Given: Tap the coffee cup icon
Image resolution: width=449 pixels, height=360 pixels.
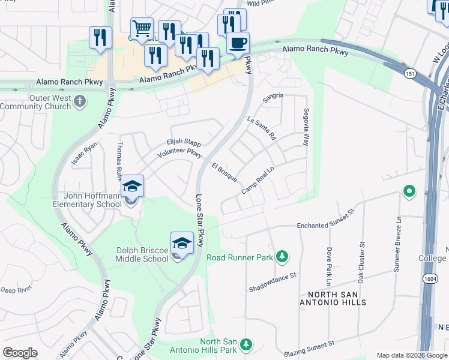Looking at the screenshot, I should click(238, 43).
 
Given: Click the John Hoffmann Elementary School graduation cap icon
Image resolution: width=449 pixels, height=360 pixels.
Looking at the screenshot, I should click(133, 187).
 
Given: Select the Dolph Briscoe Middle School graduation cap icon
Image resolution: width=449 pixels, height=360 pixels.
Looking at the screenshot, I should click(182, 243).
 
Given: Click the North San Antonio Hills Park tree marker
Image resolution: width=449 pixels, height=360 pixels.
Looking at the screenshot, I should click(245, 344).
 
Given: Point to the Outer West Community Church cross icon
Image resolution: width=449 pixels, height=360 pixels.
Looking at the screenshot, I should click(80, 102).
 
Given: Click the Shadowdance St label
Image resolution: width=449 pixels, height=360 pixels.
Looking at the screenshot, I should click(274, 282).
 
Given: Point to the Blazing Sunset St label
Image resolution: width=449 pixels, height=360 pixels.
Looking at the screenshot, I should click(310, 346).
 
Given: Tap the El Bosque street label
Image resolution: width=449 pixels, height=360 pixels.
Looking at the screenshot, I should click(224, 172).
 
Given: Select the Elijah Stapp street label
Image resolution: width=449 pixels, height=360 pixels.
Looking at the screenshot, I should click(183, 142).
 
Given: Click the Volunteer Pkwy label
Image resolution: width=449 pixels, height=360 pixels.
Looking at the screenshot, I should click(178, 153).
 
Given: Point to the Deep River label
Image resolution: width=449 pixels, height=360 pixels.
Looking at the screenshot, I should click(16, 290).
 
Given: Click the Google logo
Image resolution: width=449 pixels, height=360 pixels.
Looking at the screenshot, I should click(20, 353).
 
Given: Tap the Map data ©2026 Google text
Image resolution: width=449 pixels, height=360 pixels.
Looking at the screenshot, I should click(411, 355).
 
